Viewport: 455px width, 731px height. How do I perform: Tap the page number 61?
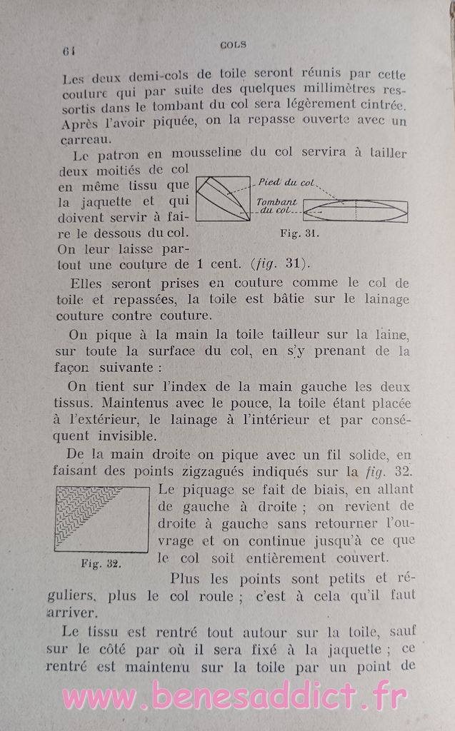point(69,50)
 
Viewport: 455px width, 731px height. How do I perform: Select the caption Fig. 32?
point(101,563)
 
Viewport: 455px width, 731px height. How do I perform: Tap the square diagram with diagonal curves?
point(223,199)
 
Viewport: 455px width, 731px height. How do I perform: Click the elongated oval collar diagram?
point(356,211)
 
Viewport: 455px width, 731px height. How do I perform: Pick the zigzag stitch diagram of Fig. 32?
point(101,518)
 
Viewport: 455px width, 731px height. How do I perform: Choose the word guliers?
point(85,595)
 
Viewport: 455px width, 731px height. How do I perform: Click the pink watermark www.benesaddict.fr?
point(236,697)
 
